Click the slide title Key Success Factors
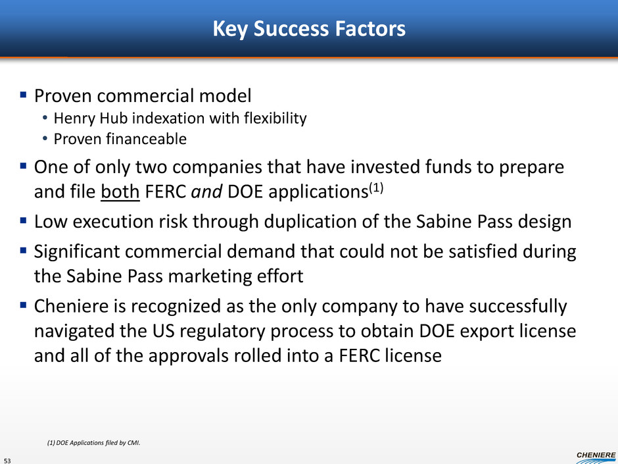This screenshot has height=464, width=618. coord(309,29)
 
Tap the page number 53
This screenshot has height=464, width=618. coord(7,460)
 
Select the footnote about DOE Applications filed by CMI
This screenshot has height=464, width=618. coord(94,443)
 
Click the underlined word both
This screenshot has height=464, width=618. coord(120,192)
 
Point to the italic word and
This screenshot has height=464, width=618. coord(206,192)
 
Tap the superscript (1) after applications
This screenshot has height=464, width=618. coord(376,187)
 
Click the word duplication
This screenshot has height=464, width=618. coord(310,222)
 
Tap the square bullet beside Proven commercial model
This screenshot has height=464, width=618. coord(23,95)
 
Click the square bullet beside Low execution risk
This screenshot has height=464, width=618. coord(23,220)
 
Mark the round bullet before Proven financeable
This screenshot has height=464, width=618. coord(45,139)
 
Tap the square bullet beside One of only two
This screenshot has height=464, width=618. coord(23,166)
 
